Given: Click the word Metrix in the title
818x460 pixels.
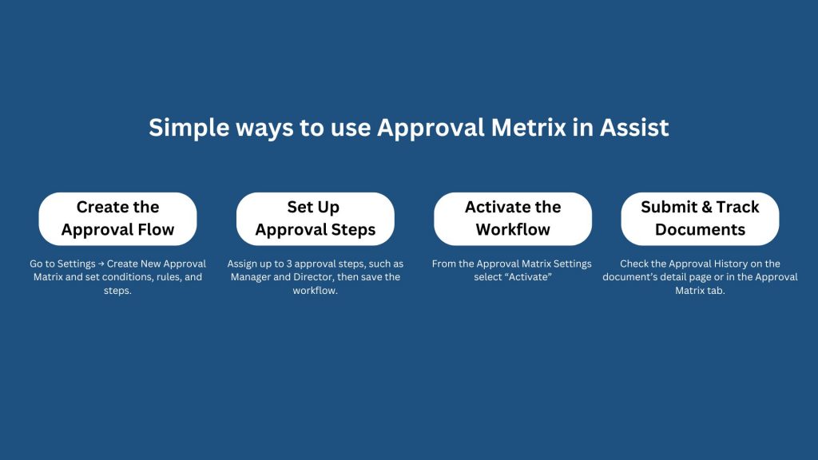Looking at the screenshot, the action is [529, 127].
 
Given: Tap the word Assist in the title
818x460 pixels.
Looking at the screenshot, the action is [633, 127].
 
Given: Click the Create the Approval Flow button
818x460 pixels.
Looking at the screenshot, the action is [118, 219].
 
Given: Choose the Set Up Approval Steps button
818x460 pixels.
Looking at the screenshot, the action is [315, 219].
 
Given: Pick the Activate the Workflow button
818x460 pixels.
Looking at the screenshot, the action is [513, 219].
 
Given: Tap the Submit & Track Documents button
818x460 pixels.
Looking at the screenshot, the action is [700, 219].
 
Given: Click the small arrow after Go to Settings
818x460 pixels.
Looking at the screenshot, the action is [101, 264].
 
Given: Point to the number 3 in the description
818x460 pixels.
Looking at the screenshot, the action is [289, 264].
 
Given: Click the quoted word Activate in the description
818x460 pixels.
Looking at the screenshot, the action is [528, 277].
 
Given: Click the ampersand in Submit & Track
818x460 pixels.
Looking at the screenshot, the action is [707, 207].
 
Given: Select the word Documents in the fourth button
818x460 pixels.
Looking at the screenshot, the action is [700, 229].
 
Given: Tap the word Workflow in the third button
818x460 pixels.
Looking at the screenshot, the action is [513, 229].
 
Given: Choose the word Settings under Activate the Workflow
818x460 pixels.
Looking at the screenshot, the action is [573, 264].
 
